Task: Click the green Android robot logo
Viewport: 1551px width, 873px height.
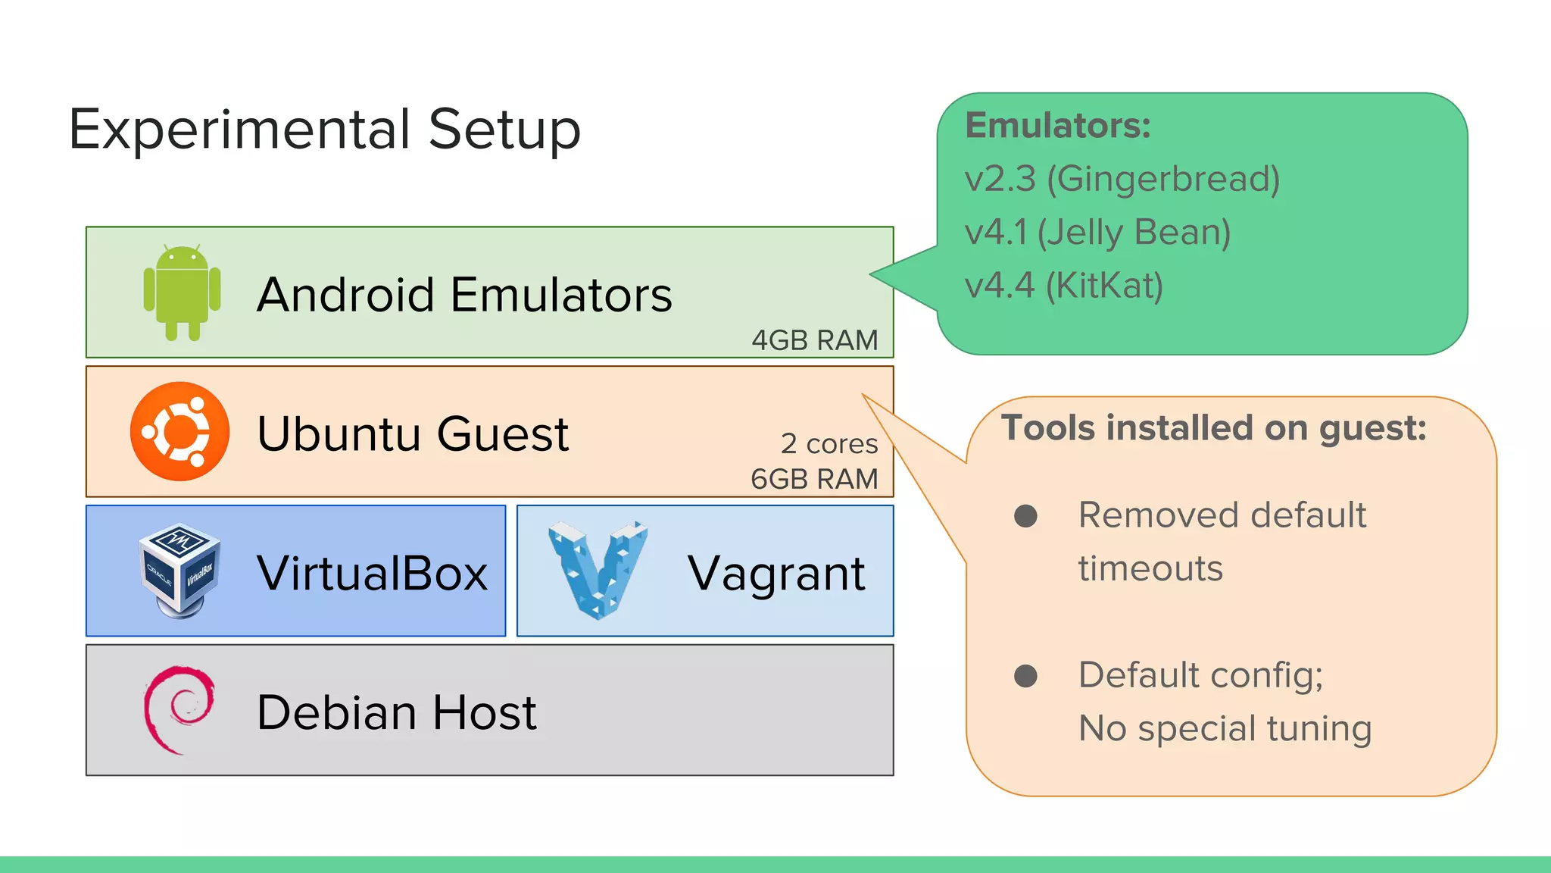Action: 182,293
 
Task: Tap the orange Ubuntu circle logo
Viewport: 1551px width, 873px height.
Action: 179,431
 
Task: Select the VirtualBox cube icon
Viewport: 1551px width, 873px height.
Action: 179,571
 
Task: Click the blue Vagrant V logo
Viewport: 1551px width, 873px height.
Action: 598,569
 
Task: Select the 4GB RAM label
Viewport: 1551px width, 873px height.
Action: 814,340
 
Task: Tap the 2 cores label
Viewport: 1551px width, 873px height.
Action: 829,443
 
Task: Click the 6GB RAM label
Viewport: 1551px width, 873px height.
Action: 814,479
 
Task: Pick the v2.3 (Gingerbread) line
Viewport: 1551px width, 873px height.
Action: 1122,179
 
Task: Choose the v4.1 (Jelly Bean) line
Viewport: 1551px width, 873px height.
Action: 1097,232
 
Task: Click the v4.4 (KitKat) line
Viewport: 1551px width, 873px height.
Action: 1063,286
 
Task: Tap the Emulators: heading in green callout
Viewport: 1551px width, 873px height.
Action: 1057,126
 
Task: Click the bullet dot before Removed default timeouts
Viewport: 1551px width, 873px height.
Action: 1025,516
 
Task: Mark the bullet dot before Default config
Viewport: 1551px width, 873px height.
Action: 1025,675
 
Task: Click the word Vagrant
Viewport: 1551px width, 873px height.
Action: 775,574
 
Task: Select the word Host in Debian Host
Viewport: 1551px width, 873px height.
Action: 484,712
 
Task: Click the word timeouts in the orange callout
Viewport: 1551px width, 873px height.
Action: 1150,568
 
